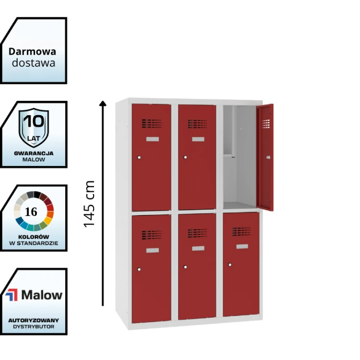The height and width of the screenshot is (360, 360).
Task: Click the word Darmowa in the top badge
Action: [x=32, y=51]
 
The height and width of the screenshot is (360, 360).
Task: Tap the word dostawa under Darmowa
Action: [x=33, y=63]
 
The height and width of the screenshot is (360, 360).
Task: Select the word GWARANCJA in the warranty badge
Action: [x=34, y=153]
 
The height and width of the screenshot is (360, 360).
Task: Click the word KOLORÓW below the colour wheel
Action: [x=34, y=237]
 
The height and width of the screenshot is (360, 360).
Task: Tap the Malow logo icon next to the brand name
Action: [x=12, y=295]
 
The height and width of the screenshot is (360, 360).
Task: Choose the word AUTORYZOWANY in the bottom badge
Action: [x=34, y=320]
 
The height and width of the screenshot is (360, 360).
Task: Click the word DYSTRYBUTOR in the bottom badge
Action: [x=34, y=326]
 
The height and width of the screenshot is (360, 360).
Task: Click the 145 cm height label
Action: [x=89, y=204]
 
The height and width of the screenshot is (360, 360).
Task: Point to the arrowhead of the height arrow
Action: [x=103, y=103]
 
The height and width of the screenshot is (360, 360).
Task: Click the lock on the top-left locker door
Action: [x=139, y=157]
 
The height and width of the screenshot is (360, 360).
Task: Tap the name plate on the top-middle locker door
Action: [x=198, y=140]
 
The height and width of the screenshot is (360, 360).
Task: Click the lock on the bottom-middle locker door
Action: [x=185, y=266]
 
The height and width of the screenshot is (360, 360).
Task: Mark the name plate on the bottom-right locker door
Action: [x=242, y=247]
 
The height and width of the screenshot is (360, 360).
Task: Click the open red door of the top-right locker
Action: [x=265, y=157]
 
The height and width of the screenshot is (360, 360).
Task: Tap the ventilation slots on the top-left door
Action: [x=151, y=123]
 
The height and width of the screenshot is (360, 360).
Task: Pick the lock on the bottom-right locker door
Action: [x=230, y=264]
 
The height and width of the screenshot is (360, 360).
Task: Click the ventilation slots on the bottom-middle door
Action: [x=197, y=233]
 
